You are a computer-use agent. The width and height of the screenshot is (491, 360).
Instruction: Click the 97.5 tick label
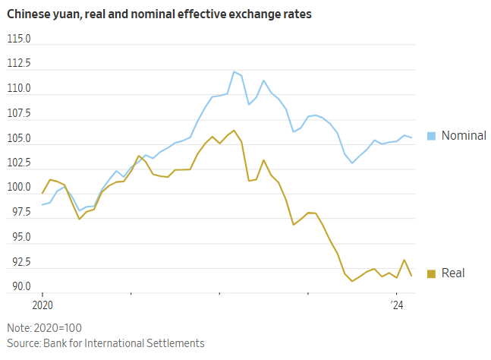[20, 213]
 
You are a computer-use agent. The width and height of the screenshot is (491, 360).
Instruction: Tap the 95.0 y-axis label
[20, 237]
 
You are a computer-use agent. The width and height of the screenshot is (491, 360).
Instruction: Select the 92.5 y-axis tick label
[20, 262]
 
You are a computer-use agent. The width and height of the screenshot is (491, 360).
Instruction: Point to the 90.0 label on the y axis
[20, 286]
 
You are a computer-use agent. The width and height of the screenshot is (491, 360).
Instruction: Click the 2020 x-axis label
[42, 305]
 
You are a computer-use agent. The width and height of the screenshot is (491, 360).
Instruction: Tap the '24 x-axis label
[396, 305]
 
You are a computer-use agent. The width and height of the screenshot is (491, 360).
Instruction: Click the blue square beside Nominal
[431, 136]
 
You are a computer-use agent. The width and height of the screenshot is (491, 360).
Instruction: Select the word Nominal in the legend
[464, 136]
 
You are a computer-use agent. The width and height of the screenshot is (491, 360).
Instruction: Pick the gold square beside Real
[431, 273]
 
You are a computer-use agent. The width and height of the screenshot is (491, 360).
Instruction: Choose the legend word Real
[453, 273]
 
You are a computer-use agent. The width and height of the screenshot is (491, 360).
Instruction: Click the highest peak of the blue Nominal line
[234, 71]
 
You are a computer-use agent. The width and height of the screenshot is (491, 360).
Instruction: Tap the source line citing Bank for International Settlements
[105, 343]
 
